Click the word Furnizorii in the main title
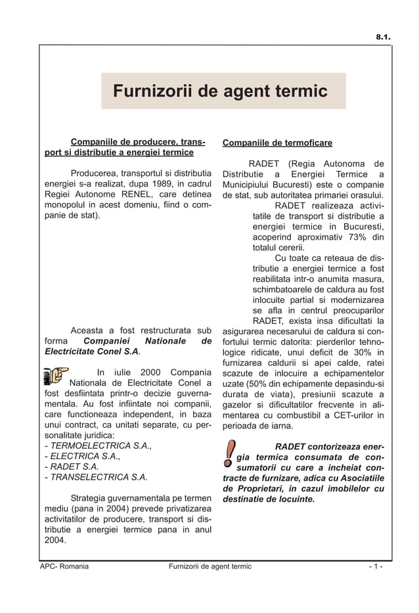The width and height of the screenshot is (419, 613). pos(149,91)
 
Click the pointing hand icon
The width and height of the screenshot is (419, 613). pos(55,375)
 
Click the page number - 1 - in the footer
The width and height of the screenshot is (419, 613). pos(376,566)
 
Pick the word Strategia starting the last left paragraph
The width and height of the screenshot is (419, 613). pos(91,498)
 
